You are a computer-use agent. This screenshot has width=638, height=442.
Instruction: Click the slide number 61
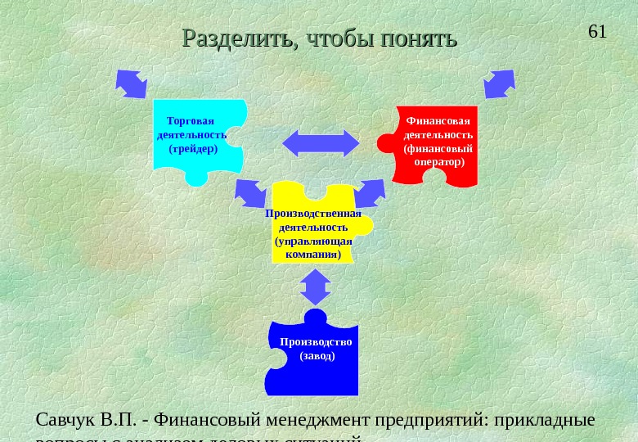[597, 32]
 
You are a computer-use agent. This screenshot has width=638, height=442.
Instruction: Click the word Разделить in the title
[232, 38]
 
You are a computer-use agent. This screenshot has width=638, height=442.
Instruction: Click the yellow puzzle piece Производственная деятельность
[315, 225]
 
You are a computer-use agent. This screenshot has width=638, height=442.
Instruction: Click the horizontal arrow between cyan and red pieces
[321, 142]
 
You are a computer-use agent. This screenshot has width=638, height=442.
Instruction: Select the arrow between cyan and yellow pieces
[250, 193]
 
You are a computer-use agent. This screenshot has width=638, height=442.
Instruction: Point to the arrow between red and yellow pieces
[371, 194]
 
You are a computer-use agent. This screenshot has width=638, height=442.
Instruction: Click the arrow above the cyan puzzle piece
[131, 83]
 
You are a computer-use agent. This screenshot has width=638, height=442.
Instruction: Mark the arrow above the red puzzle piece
[499, 83]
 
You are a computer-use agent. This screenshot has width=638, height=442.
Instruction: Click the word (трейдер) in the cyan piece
[192, 149]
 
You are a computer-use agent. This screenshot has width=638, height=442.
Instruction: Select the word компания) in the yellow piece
[313, 255]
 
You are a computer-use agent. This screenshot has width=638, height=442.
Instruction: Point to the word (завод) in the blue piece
[317, 356]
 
